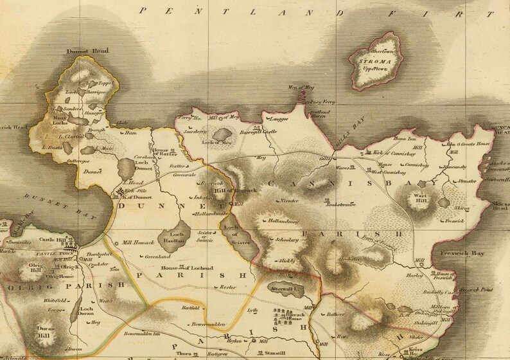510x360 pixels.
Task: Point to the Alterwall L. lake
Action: coord(285,289)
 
